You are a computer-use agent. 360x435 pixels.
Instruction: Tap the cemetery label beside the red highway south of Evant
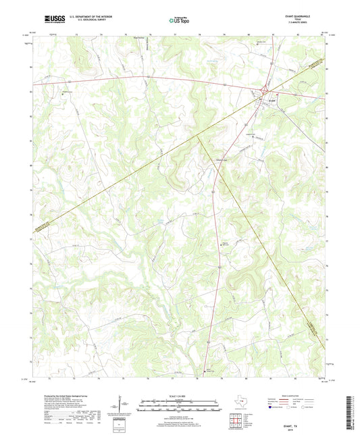tap(226, 245)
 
